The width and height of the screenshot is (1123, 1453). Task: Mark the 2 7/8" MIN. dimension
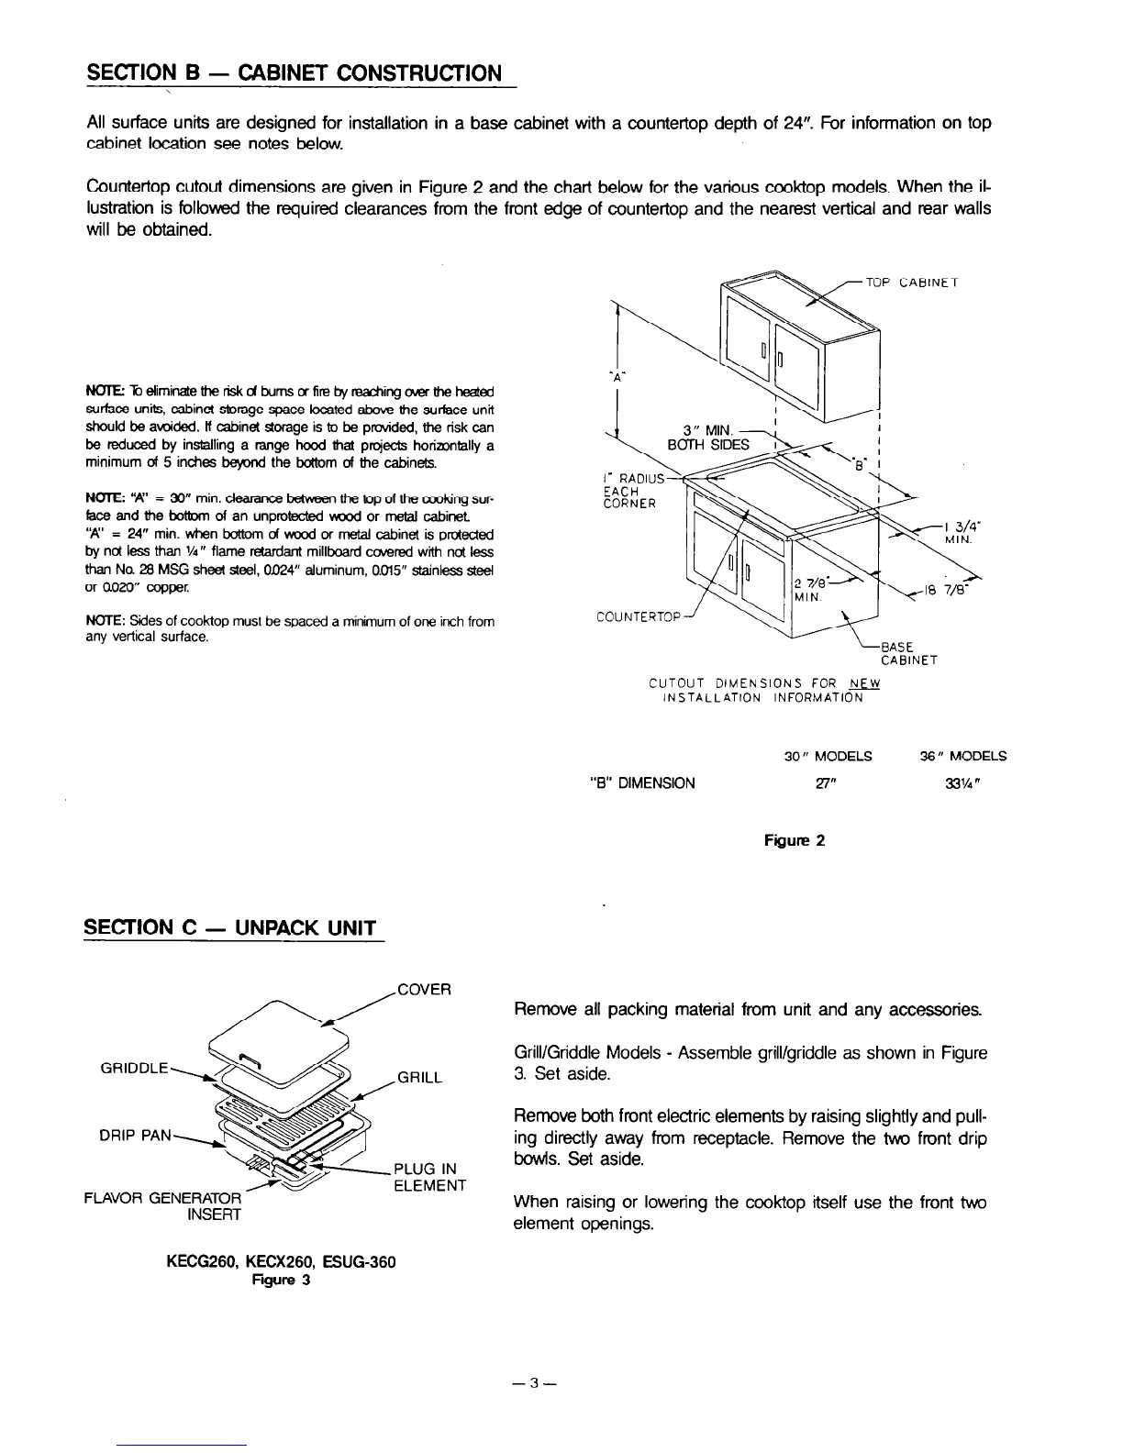pos(813,589)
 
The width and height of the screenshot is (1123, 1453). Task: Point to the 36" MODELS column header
pos(962,756)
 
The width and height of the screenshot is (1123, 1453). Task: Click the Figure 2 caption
pos(795,839)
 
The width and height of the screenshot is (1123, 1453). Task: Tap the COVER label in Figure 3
pos(423,990)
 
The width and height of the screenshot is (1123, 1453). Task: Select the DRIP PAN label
pos(135,1135)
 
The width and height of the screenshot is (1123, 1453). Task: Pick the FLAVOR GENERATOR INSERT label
pos(163,1206)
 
